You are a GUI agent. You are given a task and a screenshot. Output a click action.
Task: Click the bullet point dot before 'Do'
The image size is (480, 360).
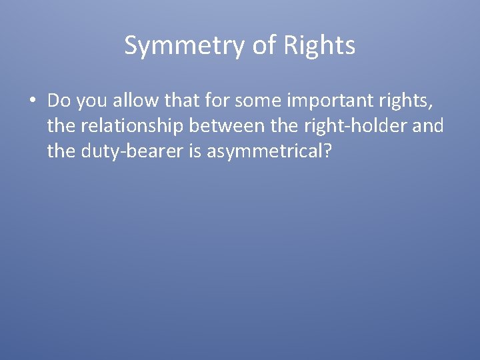pyautogui.click(x=32, y=101)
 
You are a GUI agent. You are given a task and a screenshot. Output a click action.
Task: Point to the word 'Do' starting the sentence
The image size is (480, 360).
pyautogui.click(x=59, y=101)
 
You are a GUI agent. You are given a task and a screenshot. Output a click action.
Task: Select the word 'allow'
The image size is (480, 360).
pyautogui.click(x=133, y=101)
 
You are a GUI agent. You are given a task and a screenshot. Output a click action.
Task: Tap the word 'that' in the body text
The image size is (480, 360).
pyautogui.click(x=178, y=101)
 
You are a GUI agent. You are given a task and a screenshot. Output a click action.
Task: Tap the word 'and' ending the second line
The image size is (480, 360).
pyautogui.click(x=428, y=126)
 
